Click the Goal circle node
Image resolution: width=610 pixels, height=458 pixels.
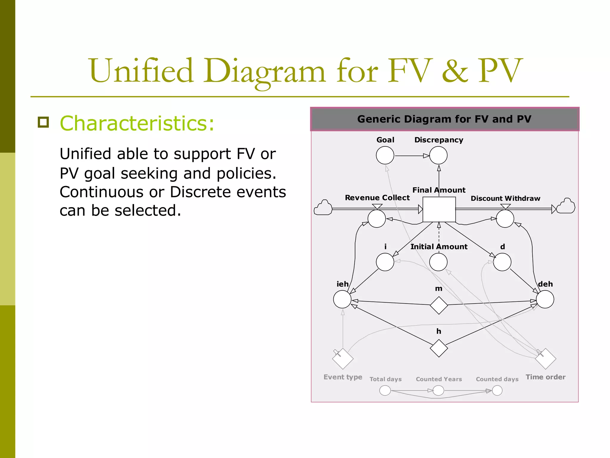[385, 155]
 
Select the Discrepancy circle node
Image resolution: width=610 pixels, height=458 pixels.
[438, 155]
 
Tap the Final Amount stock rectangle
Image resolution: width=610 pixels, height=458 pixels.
[439, 209]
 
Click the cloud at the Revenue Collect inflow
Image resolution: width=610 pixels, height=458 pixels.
[323, 208]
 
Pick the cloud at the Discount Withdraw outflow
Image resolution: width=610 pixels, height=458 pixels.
[566, 206]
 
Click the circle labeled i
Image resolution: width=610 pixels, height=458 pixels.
[385, 262]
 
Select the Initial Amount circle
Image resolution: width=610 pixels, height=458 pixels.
[438, 262]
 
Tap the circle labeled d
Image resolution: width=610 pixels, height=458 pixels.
[502, 262]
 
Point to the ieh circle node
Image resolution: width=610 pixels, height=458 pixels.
[342, 299]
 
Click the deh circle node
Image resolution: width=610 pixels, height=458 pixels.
[545, 299]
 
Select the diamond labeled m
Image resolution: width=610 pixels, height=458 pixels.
[439, 305]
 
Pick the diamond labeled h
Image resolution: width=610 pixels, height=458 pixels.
[439, 348]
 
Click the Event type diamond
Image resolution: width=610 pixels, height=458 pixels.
[343, 359]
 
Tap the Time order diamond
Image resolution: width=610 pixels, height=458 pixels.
[545, 359]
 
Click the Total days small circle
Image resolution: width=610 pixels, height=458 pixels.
[385, 390]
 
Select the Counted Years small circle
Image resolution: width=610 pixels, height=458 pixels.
[438, 390]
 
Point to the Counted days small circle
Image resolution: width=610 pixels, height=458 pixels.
[497, 390]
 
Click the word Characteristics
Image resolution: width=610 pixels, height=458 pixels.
[137, 123]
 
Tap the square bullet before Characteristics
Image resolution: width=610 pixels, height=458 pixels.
[43, 122]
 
